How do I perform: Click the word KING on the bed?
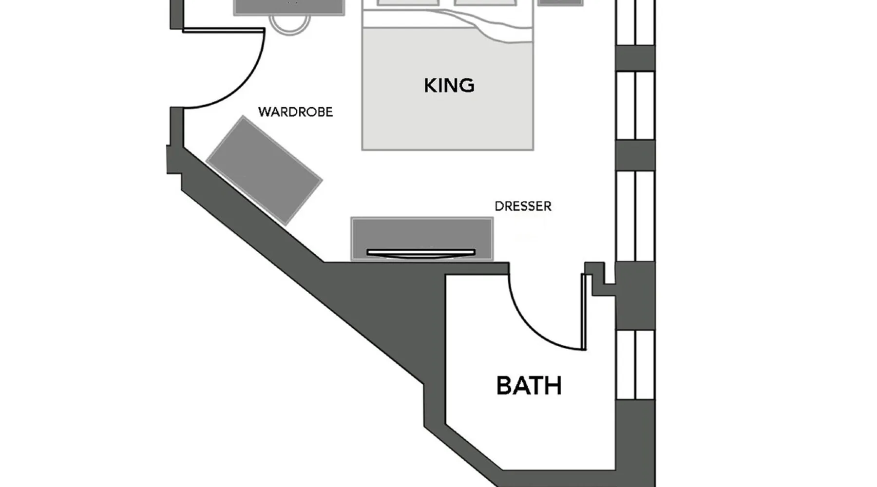click(x=449, y=85)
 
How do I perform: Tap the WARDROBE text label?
click(x=295, y=112)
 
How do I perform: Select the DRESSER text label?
click(x=523, y=206)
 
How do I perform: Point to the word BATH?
click(x=529, y=386)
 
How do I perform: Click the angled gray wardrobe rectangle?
click(x=264, y=170)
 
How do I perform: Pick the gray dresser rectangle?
click(x=422, y=239)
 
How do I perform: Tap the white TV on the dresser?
click(x=421, y=253)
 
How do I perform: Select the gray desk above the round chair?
click(x=289, y=7)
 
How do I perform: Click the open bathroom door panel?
click(x=584, y=312)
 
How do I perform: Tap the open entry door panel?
click(x=224, y=31)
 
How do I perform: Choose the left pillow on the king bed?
click(x=408, y=3)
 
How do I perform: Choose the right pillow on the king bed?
click(x=485, y=3)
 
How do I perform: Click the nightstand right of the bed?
click(x=561, y=3)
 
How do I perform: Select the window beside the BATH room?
click(x=635, y=365)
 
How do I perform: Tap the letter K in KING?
click(x=430, y=86)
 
